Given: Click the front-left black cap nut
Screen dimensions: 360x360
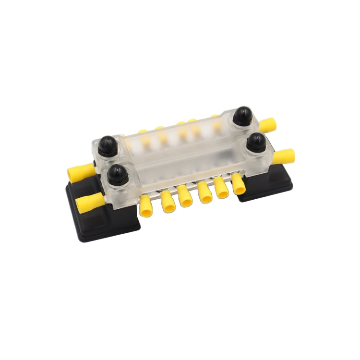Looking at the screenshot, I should [117, 175].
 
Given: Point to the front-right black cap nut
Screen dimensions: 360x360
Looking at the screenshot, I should [257, 142].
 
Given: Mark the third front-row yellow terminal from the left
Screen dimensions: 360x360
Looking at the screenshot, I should [184, 196].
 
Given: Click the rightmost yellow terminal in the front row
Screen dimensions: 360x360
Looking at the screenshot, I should [239, 184].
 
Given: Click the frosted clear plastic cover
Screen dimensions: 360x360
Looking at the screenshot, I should [187, 154].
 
